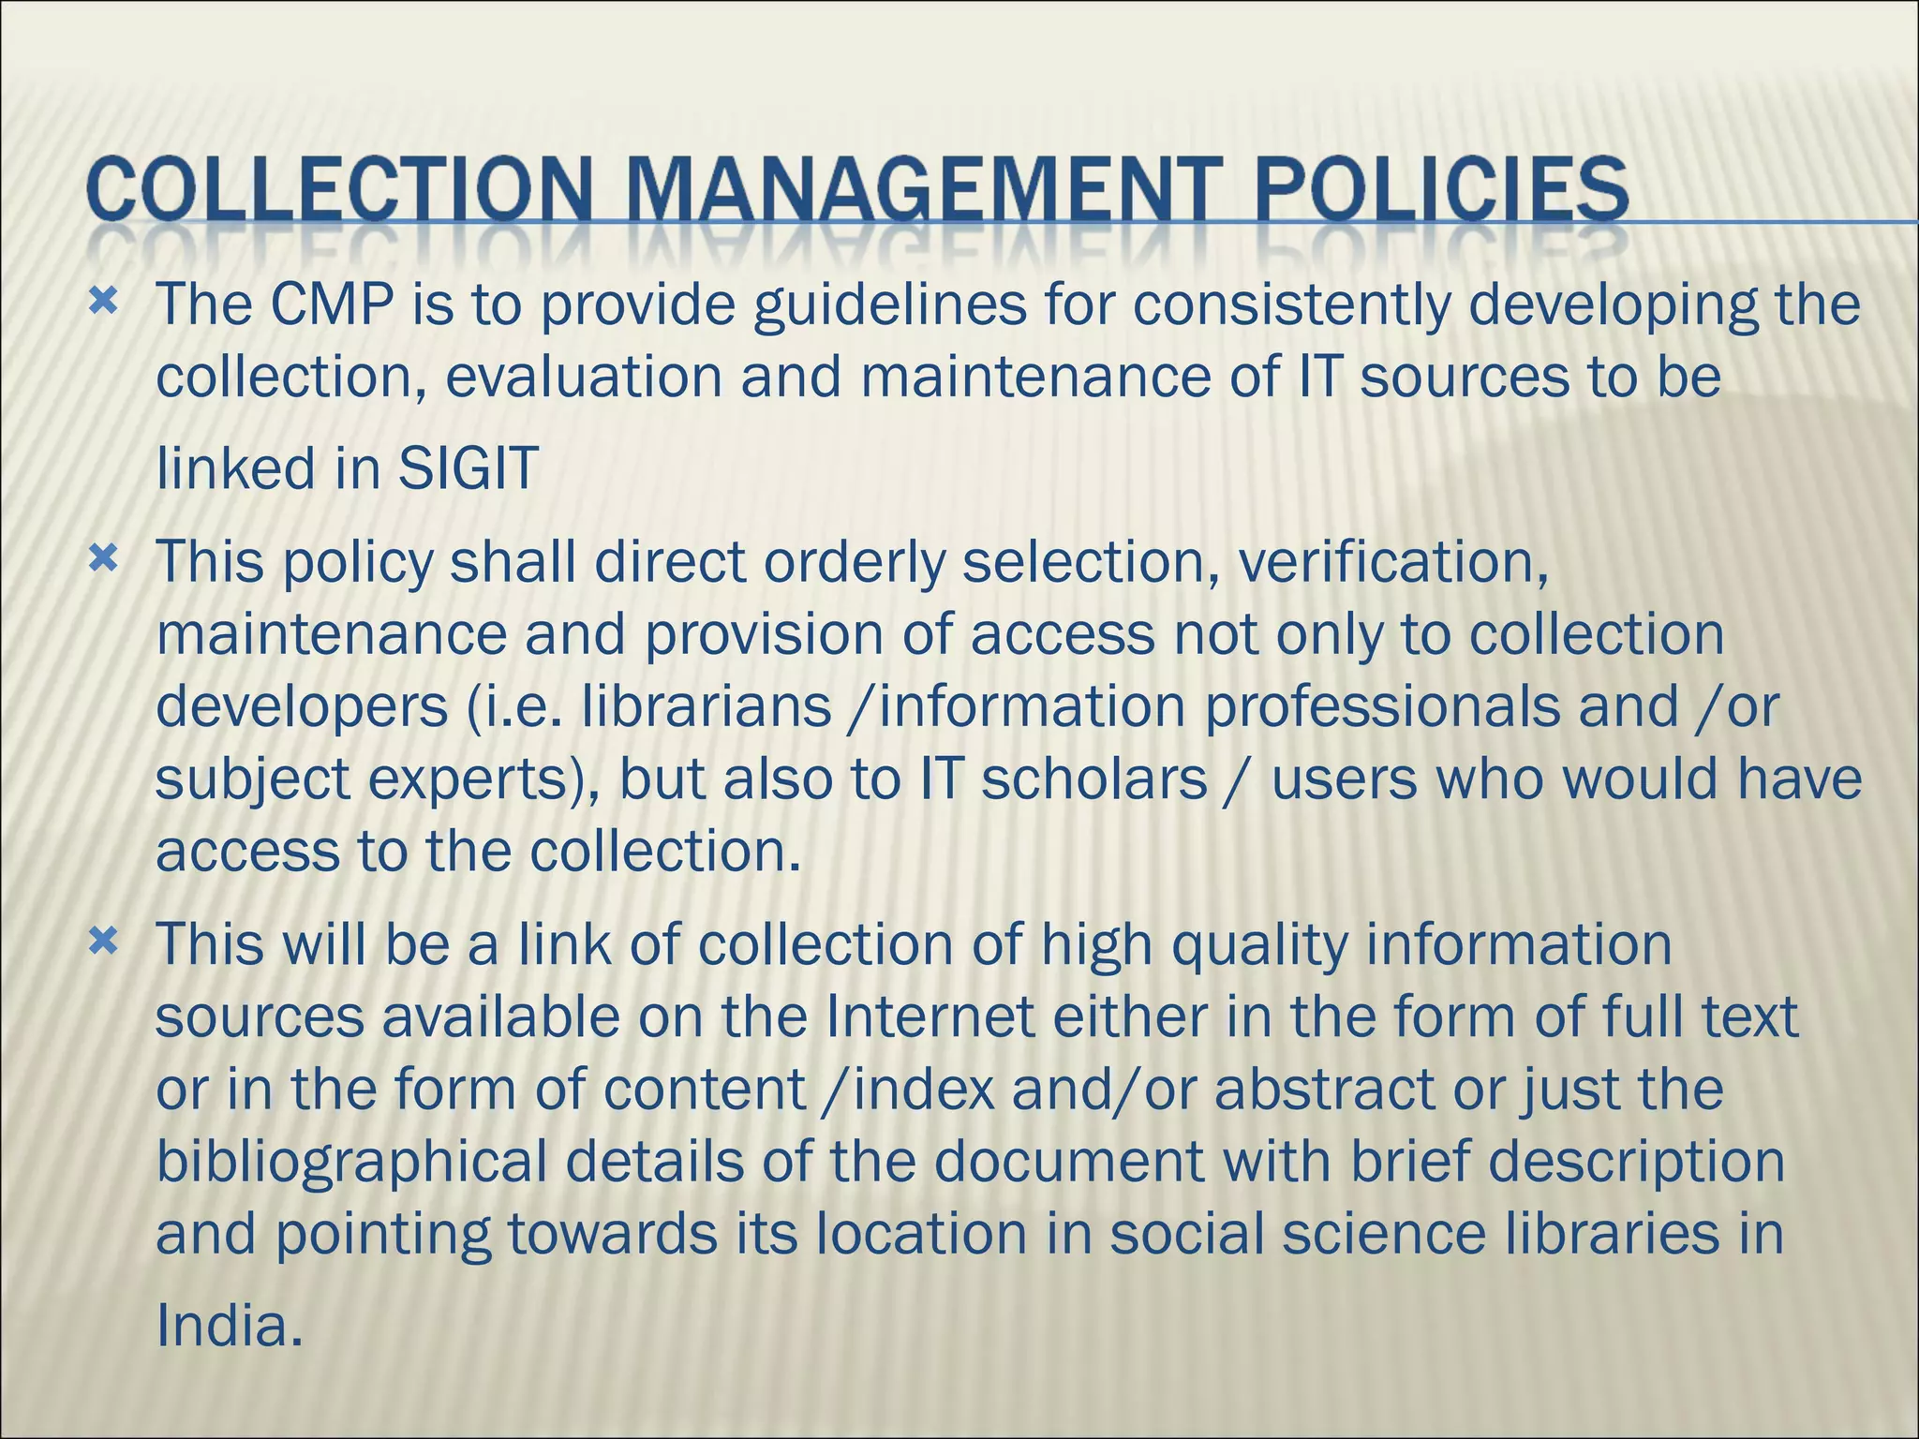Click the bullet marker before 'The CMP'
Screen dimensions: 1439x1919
coord(103,303)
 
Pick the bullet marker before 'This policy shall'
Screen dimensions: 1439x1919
coord(103,560)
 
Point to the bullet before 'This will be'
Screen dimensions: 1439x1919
coord(103,942)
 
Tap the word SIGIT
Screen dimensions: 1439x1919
coord(468,468)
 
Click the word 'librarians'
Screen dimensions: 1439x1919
coord(707,707)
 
